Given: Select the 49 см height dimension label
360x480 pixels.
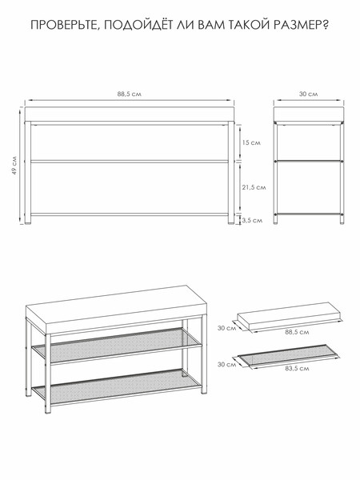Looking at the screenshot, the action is [x=14, y=166].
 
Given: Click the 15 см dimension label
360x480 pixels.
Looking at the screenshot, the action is [x=251, y=142].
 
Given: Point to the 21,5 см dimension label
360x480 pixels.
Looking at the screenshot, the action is [x=254, y=187].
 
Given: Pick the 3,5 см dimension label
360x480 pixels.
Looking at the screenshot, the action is [x=252, y=220].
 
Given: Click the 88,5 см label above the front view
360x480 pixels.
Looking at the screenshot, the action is [x=129, y=94].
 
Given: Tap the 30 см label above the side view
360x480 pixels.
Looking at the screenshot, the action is [x=308, y=94].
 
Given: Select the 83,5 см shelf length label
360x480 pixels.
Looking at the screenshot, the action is [x=297, y=368].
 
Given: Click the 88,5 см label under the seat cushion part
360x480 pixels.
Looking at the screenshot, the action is [x=297, y=332].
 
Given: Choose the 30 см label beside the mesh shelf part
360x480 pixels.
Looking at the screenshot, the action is [x=227, y=364].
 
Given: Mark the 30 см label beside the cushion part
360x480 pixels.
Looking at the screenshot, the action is [x=227, y=328].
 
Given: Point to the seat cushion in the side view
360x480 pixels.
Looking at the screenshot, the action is [x=309, y=114].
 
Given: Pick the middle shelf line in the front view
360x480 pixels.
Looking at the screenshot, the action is [x=130, y=161].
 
